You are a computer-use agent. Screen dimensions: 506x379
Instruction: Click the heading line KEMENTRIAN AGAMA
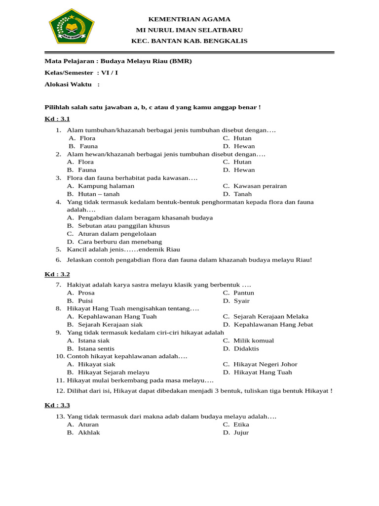[x=189, y=19]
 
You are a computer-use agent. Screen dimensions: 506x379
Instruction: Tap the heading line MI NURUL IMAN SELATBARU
[x=189, y=30]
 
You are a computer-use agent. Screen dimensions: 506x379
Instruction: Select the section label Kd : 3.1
[x=57, y=119]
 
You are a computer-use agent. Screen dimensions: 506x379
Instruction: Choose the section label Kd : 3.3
[x=57, y=405]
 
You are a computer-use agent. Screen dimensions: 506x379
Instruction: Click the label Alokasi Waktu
[x=69, y=84]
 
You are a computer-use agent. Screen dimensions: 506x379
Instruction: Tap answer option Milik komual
[x=254, y=340]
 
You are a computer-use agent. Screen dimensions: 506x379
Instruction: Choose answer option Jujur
[x=241, y=432]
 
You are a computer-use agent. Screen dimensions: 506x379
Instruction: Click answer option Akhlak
[x=89, y=432]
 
